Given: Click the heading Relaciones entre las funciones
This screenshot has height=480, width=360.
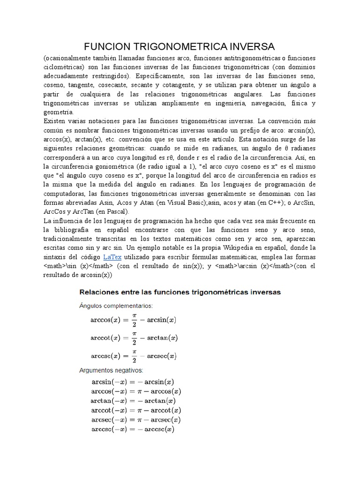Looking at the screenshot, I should (x=180, y=292).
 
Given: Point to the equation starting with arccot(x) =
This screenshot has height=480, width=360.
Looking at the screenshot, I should (x=134, y=337).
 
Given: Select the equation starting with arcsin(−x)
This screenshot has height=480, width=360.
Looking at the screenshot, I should (x=134, y=382).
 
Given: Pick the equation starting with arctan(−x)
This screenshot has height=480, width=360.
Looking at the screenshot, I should (x=134, y=400).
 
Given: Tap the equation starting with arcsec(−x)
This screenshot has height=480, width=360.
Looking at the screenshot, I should (x=136, y=419).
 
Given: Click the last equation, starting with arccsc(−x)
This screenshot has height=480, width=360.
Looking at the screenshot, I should (x=133, y=428).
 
